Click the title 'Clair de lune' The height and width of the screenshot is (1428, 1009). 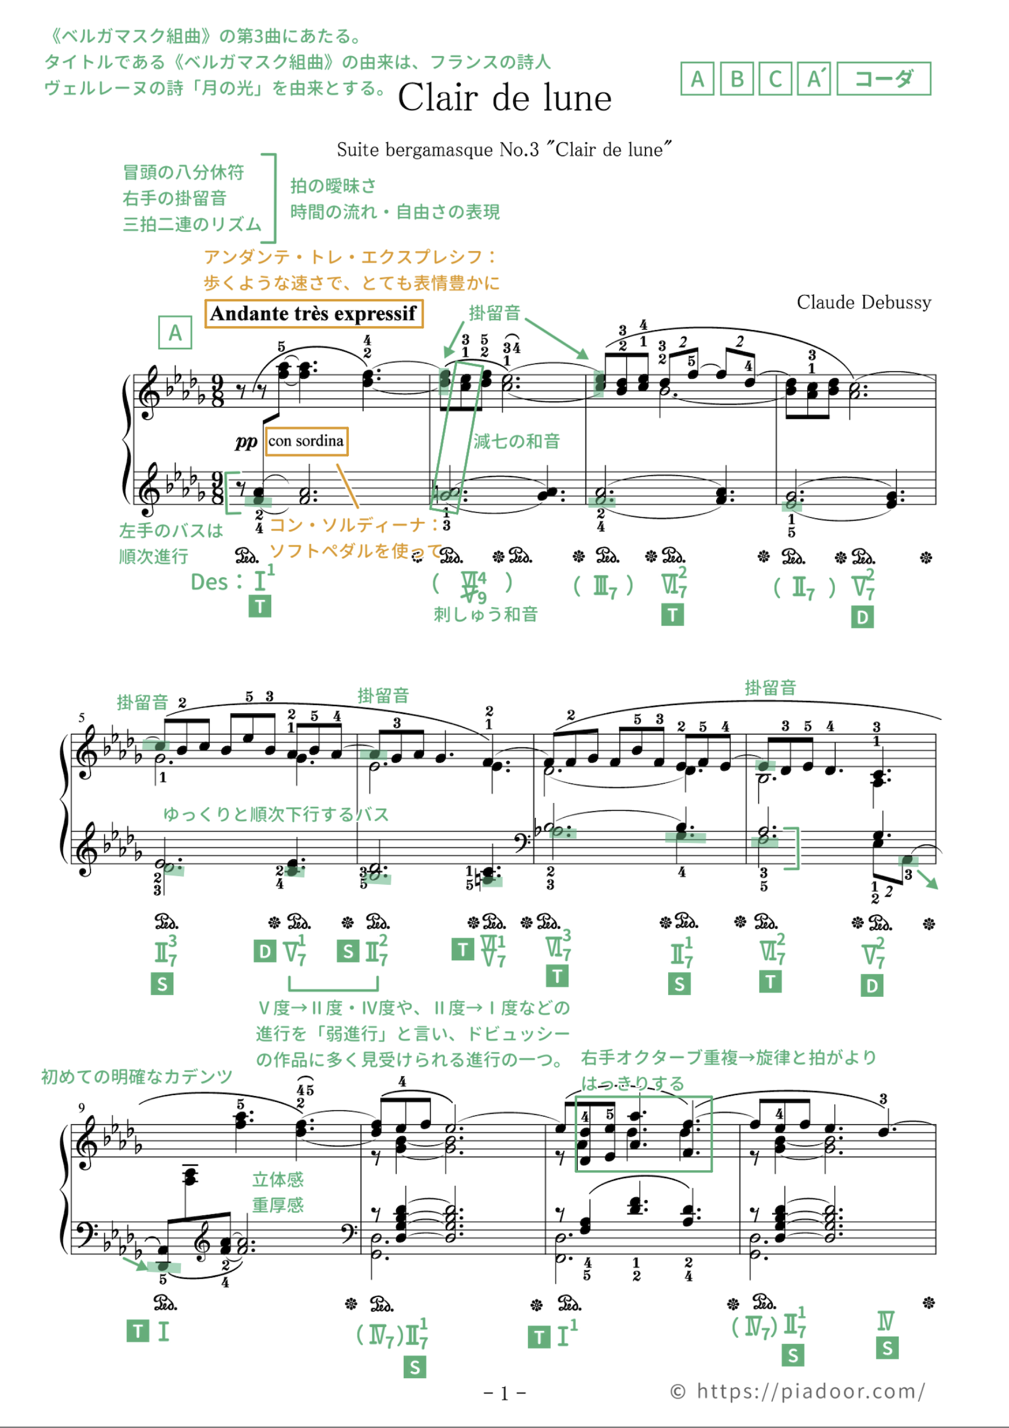(x=504, y=98)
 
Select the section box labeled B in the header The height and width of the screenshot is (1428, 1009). (x=737, y=79)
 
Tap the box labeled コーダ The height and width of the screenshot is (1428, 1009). (x=884, y=79)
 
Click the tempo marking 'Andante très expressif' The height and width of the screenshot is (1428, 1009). (x=314, y=313)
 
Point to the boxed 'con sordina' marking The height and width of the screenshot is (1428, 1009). (x=306, y=441)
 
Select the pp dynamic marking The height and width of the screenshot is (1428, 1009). (x=246, y=442)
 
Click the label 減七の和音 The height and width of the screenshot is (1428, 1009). (x=516, y=441)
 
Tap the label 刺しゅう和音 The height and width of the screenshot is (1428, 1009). (x=485, y=615)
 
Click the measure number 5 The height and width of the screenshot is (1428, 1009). (x=81, y=718)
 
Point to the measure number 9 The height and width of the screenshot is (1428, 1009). (x=81, y=1107)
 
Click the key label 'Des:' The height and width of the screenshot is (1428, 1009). (x=216, y=582)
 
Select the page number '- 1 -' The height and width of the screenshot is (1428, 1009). (x=504, y=1393)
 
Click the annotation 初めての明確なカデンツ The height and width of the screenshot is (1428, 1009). (x=137, y=1076)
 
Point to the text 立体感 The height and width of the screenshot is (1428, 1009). (x=278, y=1179)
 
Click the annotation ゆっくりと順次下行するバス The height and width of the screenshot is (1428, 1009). (x=276, y=814)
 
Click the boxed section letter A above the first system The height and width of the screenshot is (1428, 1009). (x=175, y=333)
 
